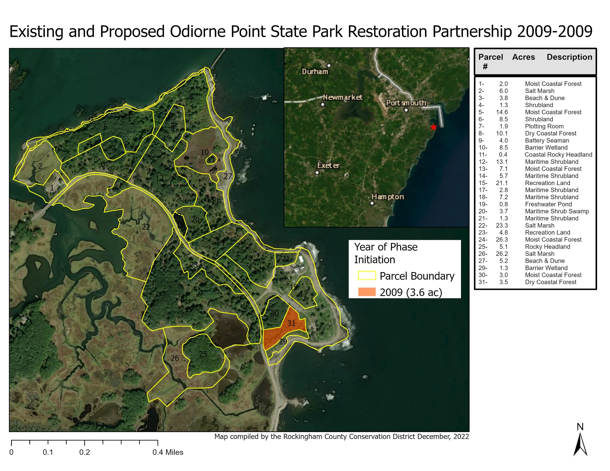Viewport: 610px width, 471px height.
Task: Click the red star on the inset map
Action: tap(433, 127)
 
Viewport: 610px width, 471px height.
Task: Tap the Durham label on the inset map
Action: tap(315, 72)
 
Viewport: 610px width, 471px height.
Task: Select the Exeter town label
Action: tap(328, 166)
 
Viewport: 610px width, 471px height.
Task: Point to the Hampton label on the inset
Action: tap(388, 197)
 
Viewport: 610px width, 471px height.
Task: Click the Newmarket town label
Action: tap(343, 97)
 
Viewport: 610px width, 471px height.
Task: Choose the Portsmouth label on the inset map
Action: tap(406, 103)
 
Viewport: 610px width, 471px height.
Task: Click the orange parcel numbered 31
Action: tap(291, 323)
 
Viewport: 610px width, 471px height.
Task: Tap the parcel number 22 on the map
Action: tap(146, 227)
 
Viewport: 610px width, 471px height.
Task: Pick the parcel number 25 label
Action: tap(203, 354)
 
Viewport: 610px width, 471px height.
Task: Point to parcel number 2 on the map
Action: tap(40, 166)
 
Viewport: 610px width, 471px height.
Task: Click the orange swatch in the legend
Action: tap(367, 292)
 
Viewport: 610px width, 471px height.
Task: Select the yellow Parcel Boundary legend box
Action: tap(367, 275)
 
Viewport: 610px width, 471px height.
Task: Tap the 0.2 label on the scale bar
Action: tap(85, 452)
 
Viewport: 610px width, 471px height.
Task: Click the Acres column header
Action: tap(523, 57)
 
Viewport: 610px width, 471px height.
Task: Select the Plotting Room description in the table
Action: tap(544, 126)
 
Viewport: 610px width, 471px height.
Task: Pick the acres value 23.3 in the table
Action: tap(502, 226)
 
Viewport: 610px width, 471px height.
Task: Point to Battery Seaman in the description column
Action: tap(547, 141)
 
